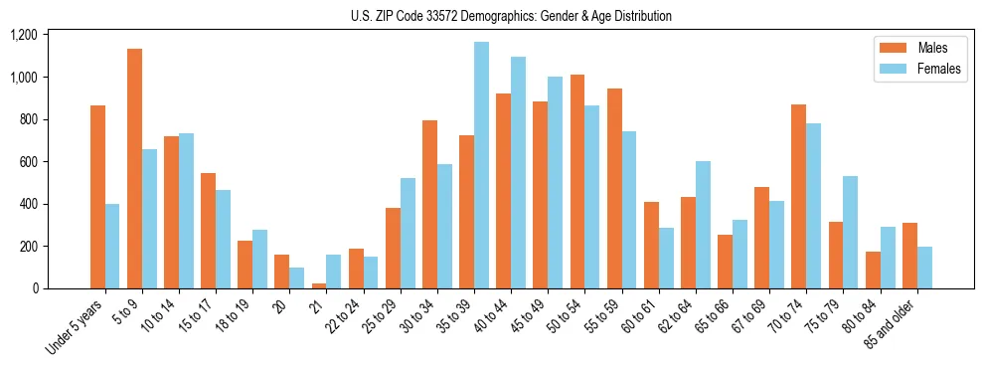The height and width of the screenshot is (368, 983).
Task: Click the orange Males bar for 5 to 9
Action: (134, 169)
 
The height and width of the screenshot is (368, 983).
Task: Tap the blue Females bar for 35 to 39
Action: (481, 165)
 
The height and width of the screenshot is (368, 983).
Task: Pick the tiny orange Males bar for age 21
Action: (319, 285)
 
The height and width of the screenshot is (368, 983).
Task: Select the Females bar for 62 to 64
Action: (703, 225)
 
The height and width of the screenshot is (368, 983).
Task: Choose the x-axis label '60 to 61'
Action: (636, 315)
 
